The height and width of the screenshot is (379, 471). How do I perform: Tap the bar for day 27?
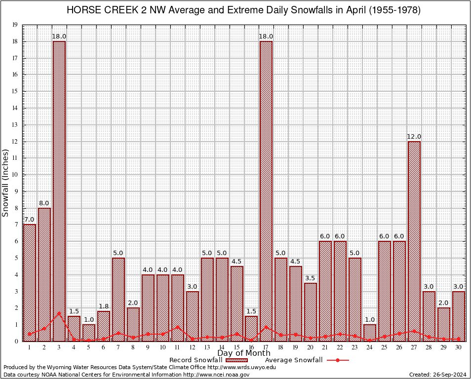(414, 241)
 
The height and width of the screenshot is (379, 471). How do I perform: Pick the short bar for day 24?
(370, 333)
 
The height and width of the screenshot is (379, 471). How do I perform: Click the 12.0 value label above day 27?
(414, 137)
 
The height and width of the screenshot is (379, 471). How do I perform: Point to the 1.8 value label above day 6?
(104, 306)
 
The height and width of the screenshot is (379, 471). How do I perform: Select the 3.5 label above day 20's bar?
(311, 278)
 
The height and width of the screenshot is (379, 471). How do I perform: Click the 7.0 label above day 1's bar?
(30, 220)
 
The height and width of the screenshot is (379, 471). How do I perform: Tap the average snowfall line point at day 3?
(59, 313)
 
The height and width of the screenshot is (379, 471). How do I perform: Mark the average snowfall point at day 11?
(178, 327)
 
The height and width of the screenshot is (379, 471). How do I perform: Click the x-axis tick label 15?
(236, 347)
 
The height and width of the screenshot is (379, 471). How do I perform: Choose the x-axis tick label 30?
(459, 347)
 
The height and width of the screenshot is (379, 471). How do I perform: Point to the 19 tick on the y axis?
(15, 25)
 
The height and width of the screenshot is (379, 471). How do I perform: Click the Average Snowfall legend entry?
(294, 360)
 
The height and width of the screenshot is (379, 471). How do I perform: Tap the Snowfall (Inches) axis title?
(5, 183)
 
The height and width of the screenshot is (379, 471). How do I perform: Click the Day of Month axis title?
(243, 353)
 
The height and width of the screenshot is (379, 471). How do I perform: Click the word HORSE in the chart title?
(84, 10)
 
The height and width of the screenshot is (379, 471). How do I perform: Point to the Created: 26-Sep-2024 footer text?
(437, 375)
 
